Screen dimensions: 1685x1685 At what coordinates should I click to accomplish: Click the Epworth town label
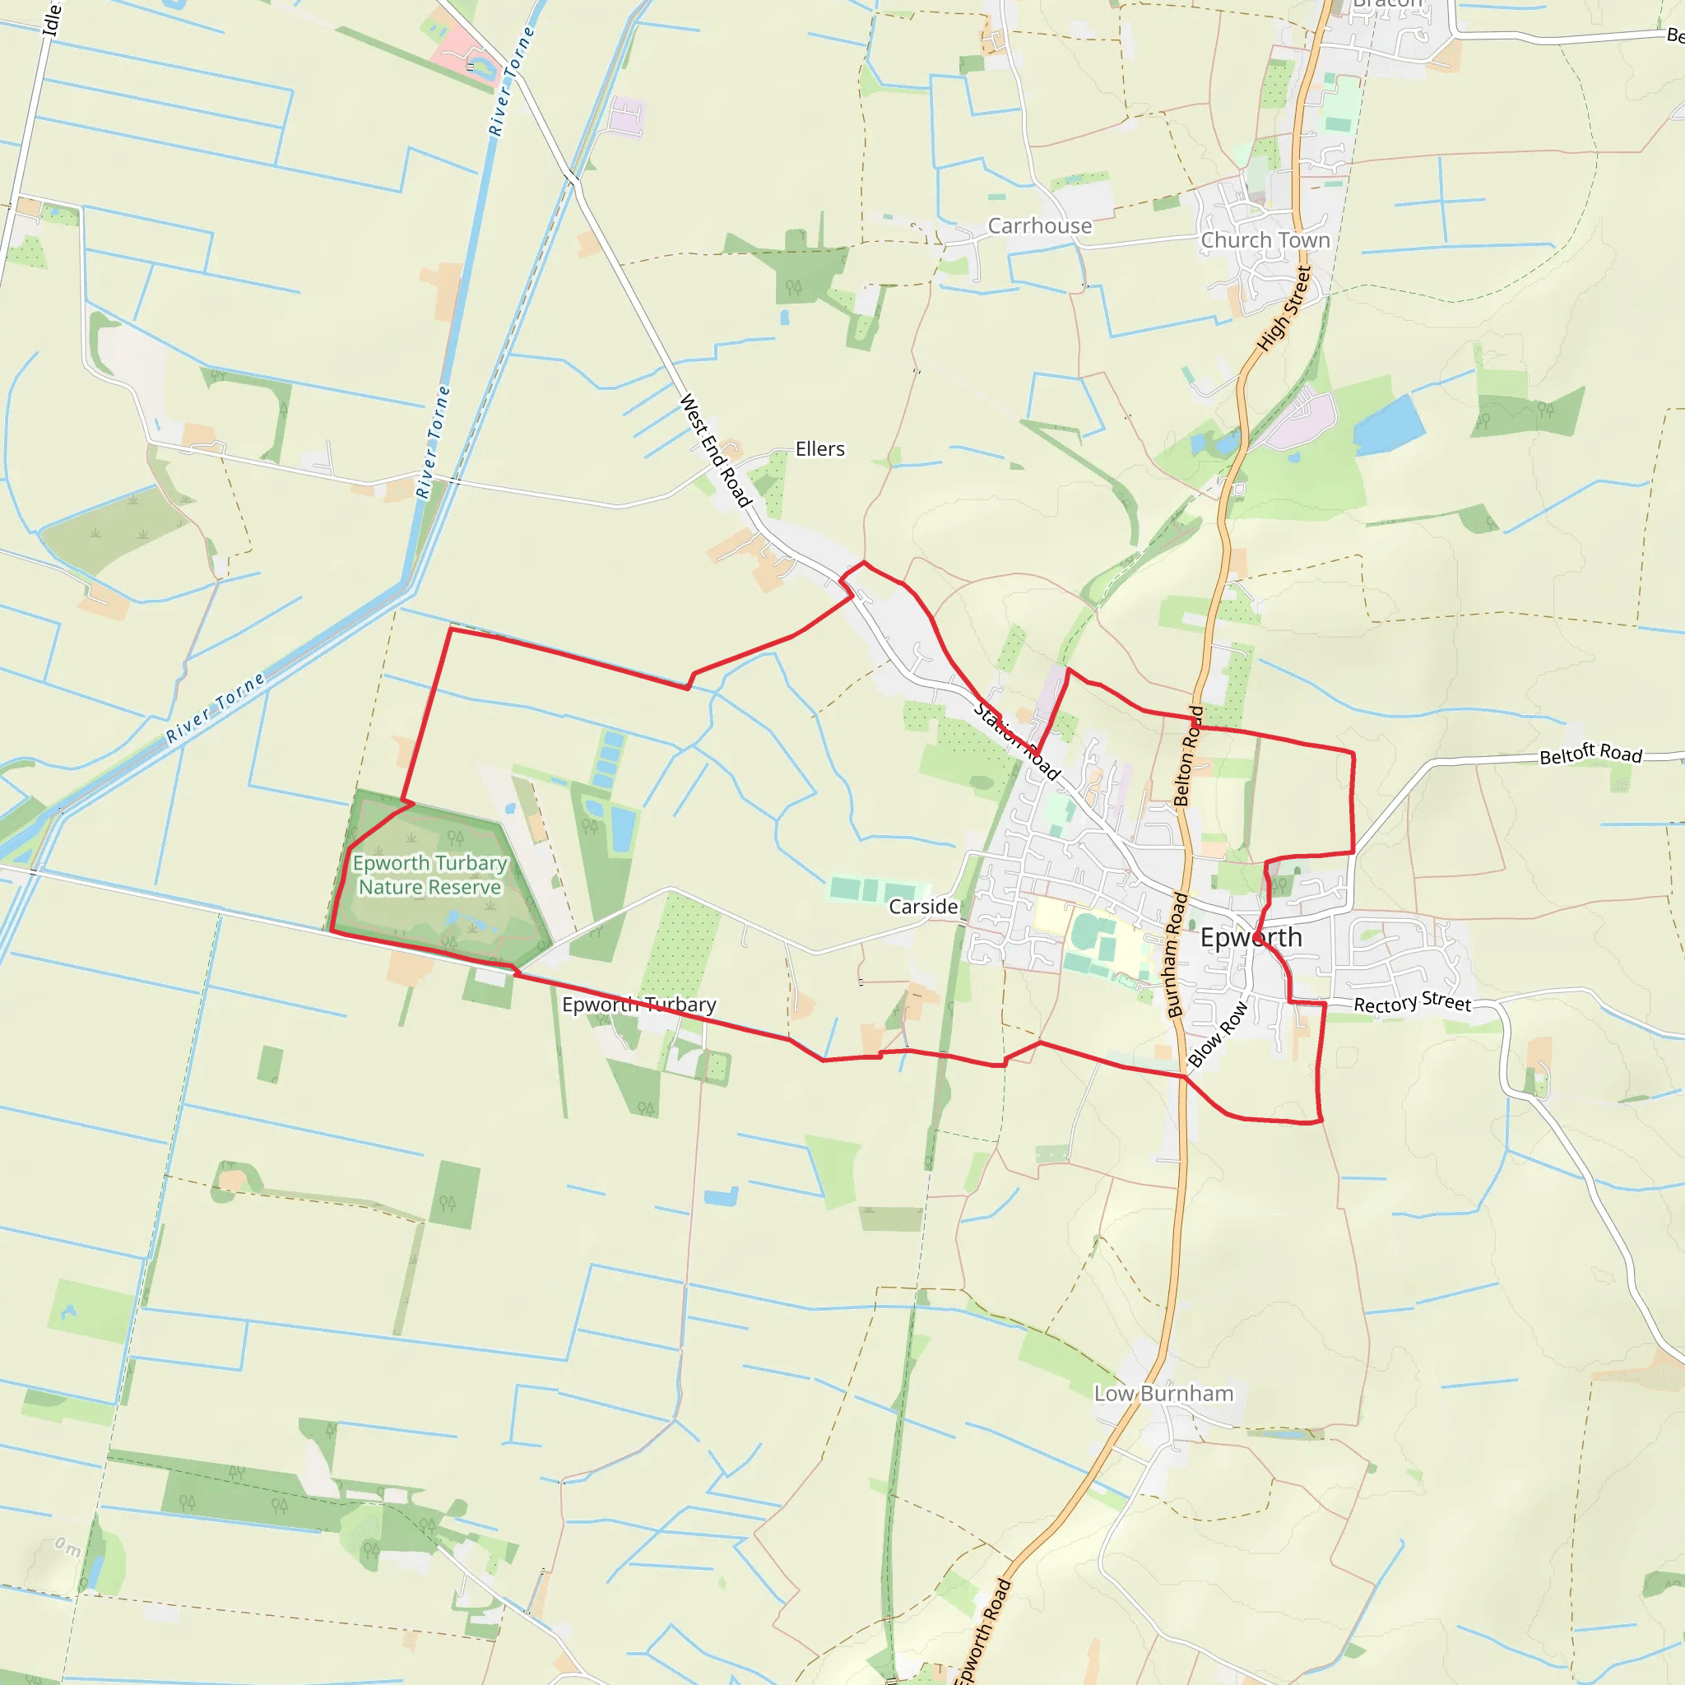(x=1251, y=938)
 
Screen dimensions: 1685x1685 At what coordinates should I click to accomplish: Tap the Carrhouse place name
(x=1040, y=226)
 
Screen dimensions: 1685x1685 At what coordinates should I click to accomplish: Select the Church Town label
(x=1265, y=240)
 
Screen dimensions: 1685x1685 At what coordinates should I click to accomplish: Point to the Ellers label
(x=819, y=449)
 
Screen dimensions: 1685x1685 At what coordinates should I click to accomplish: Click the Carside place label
(x=924, y=907)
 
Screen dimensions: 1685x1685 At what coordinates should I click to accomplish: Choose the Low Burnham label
(x=1164, y=1394)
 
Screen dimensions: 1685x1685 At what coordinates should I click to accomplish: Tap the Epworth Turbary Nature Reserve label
(x=430, y=875)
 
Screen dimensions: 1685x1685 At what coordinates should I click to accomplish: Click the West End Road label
(x=715, y=450)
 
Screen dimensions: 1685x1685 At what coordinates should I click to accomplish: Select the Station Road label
(x=1017, y=741)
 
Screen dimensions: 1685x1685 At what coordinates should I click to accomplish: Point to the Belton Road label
(x=1189, y=755)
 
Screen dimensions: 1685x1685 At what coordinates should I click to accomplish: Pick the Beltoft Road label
(x=1591, y=754)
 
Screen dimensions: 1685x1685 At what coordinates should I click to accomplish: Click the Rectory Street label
(x=1412, y=1003)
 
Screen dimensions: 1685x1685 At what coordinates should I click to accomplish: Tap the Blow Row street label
(x=1218, y=1034)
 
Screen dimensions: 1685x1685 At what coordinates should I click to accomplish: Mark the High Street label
(x=1284, y=309)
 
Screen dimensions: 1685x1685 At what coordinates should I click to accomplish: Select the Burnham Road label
(x=1177, y=955)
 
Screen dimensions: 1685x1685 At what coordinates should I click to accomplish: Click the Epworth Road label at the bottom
(x=982, y=1631)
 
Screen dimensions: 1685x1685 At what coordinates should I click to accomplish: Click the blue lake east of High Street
(x=1389, y=425)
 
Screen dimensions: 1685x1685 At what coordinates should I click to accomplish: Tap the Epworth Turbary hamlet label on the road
(x=639, y=1005)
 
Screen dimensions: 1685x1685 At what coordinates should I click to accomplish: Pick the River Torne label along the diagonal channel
(x=216, y=708)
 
